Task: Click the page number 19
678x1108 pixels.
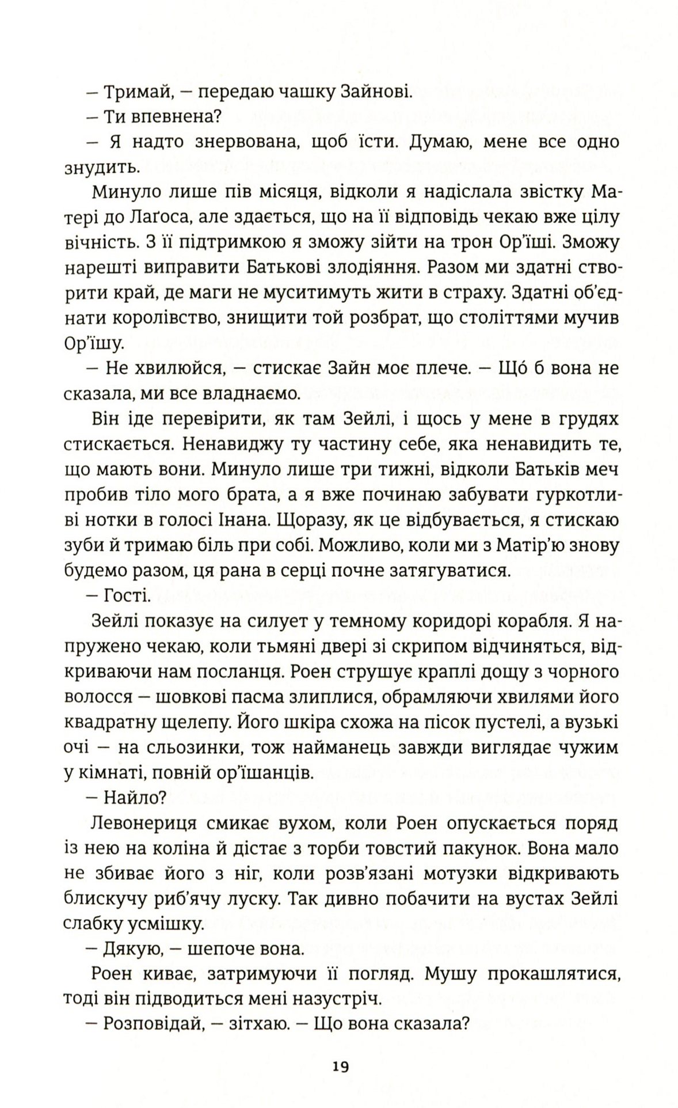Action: click(x=340, y=1066)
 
